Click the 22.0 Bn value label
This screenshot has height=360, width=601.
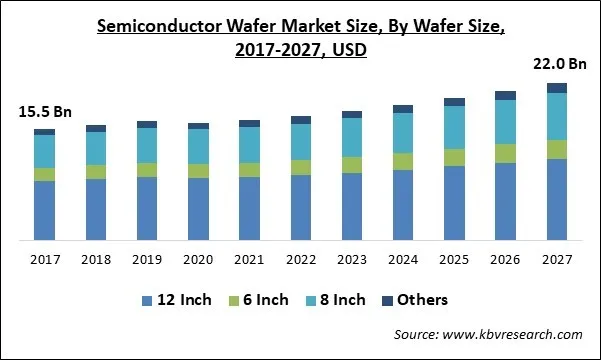557,65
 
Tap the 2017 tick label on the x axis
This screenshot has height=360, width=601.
44,259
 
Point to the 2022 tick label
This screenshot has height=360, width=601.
301,259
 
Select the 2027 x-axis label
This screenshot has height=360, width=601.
557,259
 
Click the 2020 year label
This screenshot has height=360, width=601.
198,259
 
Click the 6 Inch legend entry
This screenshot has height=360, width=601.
259,300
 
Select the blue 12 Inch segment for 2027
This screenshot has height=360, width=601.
557,200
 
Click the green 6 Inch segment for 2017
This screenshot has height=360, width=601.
44,174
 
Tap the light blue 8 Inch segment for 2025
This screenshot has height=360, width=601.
455,127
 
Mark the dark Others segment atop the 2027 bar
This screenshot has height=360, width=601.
557,88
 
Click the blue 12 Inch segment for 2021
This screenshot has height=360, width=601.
250,209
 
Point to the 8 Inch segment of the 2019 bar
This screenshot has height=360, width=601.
147,145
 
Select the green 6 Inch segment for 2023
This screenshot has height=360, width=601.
352,165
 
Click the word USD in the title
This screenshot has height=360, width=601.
349,51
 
